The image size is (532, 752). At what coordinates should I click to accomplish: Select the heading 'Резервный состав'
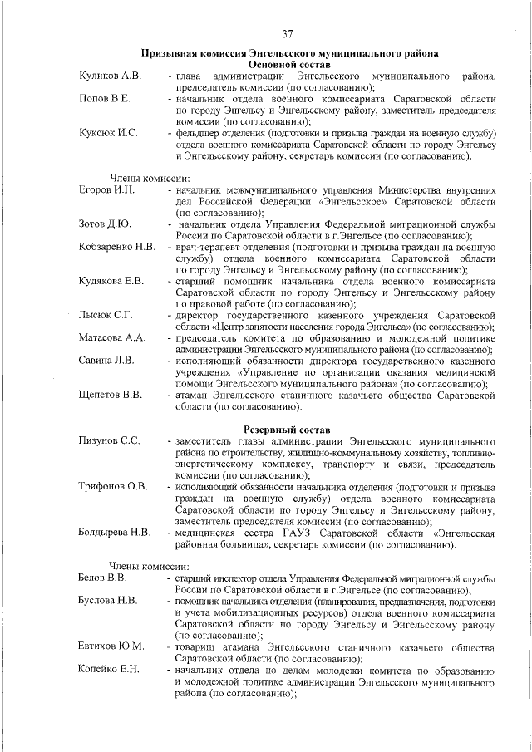[x=288, y=427]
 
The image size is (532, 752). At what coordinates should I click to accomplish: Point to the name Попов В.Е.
[x=104, y=99]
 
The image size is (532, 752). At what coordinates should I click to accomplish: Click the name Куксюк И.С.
[x=108, y=133]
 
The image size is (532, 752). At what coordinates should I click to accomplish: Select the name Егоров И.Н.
[x=106, y=190]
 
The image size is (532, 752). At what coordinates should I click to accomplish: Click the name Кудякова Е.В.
[x=111, y=281]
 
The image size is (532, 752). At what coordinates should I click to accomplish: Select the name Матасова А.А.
[x=112, y=337]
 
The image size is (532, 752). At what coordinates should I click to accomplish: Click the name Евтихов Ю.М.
[x=111, y=646]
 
